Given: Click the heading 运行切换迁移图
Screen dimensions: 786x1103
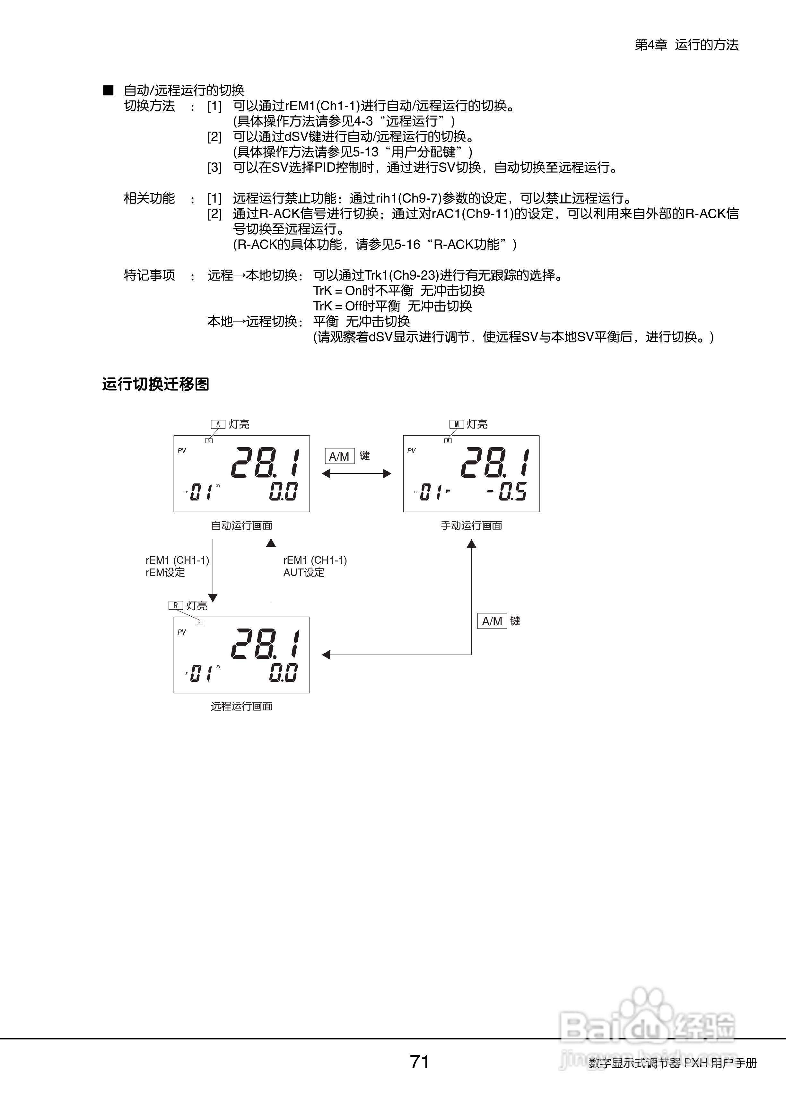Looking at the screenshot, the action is [x=155, y=384].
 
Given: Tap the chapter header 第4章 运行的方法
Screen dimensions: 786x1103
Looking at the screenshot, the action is [x=686, y=45].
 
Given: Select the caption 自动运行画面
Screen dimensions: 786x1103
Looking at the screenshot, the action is [x=241, y=525].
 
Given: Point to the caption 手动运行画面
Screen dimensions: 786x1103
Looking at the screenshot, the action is [x=471, y=525].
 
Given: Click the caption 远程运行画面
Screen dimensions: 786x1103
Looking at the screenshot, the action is [x=241, y=706].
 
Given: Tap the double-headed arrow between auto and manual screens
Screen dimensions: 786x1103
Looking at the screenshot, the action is [x=356, y=473].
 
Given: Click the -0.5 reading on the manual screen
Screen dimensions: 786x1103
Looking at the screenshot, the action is [x=506, y=492].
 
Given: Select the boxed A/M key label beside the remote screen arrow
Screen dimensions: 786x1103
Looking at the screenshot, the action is [x=492, y=621].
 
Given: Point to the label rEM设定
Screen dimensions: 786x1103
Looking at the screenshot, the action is [x=166, y=572].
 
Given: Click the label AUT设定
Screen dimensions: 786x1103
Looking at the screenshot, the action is [x=304, y=572].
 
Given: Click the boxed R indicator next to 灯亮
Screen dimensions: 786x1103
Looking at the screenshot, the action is [x=176, y=605].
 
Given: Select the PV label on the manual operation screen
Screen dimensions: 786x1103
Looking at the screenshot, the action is [x=411, y=450].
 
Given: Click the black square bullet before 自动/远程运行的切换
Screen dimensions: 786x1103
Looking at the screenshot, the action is [x=109, y=90].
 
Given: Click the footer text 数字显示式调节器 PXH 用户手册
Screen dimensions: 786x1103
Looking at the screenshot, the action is [x=672, y=1063].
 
